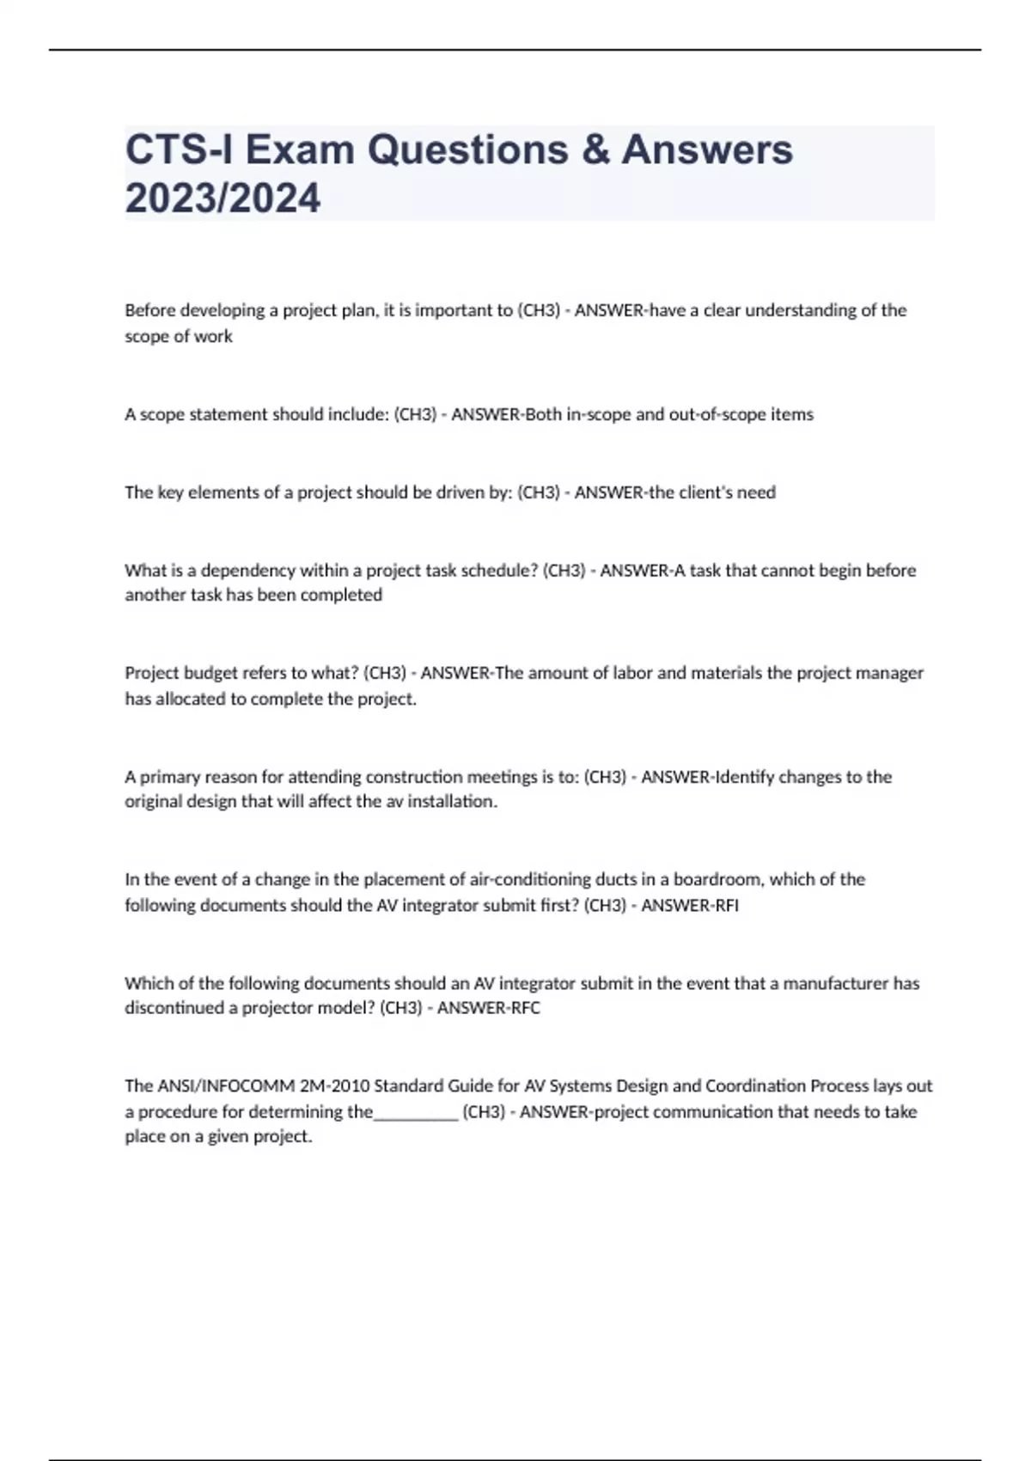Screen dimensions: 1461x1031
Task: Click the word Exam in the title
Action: [300, 150]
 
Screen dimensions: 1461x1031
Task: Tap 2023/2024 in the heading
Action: [223, 199]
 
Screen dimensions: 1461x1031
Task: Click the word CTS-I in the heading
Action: [180, 150]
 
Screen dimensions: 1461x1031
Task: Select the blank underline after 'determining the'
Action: [416, 1112]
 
